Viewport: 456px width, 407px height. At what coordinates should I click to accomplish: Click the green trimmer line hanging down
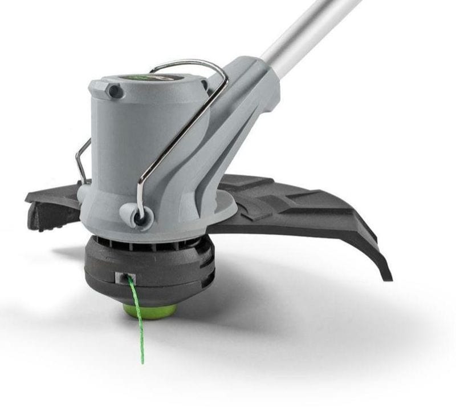pyautogui.click(x=137, y=320)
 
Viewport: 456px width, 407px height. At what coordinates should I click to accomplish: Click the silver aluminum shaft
pyautogui.click(x=308, y=29)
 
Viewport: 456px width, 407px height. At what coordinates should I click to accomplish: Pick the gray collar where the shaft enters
pyautogui.click(x=256, y=74)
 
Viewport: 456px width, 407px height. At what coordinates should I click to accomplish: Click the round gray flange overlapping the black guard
pyautogui.click(x=222, y=211)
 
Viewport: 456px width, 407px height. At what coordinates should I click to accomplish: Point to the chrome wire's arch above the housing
pyautogui.click(x=182, y=63)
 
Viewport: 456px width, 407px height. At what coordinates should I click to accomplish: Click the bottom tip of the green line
pyautogui.click(x=143, y=361)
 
